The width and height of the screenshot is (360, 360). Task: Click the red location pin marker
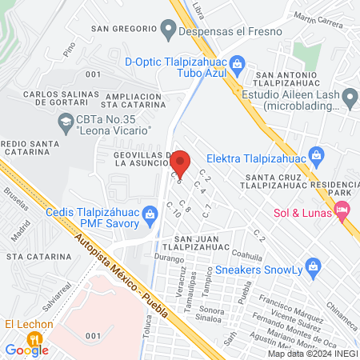[x=181, y=162]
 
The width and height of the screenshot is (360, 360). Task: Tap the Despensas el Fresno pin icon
[x=167, y=31]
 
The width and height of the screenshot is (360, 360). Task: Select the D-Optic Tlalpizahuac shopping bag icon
[x=237, y=63]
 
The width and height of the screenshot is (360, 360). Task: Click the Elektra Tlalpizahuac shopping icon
[x=317, y=154]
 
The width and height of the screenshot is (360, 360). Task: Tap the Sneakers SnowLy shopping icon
[x=314, y=265]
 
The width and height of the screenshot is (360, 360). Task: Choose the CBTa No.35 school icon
[x=65, y=122]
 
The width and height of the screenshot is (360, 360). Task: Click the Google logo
[x=26, y=350]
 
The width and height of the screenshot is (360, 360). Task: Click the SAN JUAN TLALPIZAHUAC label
[x=196, y=245]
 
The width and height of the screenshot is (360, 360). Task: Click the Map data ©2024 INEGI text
[x=312, y=353]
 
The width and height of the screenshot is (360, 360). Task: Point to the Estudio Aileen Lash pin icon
[x=350, y=98]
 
